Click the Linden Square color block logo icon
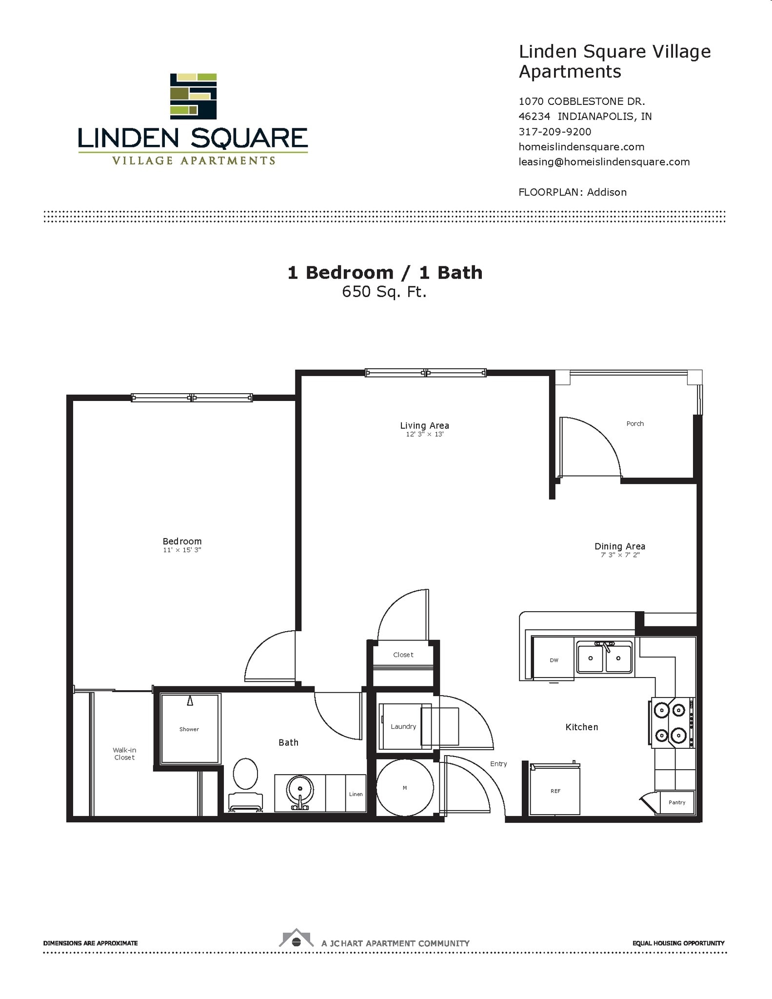click(x=193, y=96)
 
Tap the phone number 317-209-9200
click(x=554, y=132)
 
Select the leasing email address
click(x=604, y=162)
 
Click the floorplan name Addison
click(x=607, y=192)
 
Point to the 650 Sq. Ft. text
click(x=384, y=292)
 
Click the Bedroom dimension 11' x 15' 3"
click(x=182, y=550)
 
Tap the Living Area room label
click(x=424, y=425)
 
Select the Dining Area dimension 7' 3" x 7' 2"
click(x=620, y=555)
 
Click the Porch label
click(x=635, y=423)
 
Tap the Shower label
click(x=189, y=729)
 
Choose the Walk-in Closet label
click(x=124, y=754)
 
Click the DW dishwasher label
click(x=554, y=660)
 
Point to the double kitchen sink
click(x=604, y=658)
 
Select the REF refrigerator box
click(x=555, y=790)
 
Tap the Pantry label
click(x=676, y=802)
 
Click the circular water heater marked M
click(x=405, y=788)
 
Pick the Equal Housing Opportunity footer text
click(x=678, y=943)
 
